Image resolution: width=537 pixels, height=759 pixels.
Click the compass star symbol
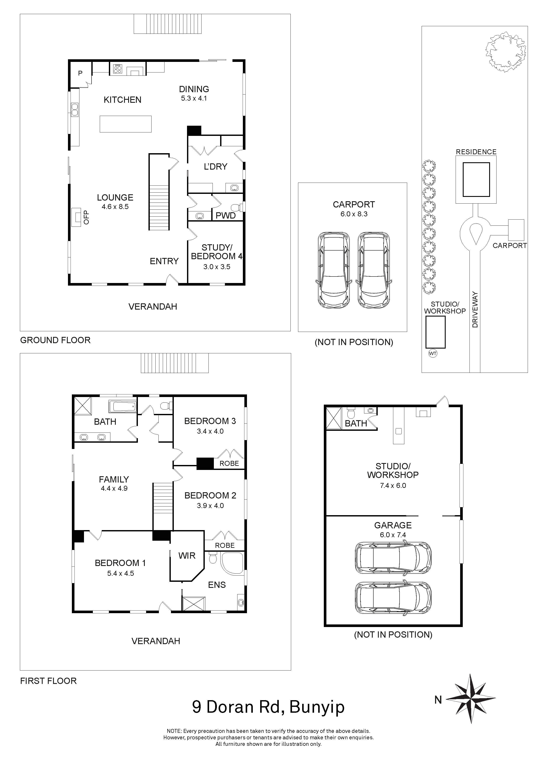tap(471, 699)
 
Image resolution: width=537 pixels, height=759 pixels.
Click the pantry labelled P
tap(80, 73)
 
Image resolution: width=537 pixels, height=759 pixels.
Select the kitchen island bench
tap(126, 124)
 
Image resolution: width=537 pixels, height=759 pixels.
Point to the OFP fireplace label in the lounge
tap(86, 217)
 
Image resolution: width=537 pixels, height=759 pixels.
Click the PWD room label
tap(226, 216)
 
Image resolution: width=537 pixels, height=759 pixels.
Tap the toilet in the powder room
tap(236, 208)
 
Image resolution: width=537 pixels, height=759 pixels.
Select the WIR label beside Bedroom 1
tap(187, 556)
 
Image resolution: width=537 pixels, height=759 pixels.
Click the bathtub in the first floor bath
tap(122, 406)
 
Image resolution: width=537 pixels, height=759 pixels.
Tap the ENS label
tap(217, 585)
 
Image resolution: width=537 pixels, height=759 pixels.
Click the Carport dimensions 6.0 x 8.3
tap(354, 214)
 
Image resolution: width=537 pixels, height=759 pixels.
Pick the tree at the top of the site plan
tap(505, 52)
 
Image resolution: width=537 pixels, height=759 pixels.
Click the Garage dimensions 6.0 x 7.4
tap(393, 535)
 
